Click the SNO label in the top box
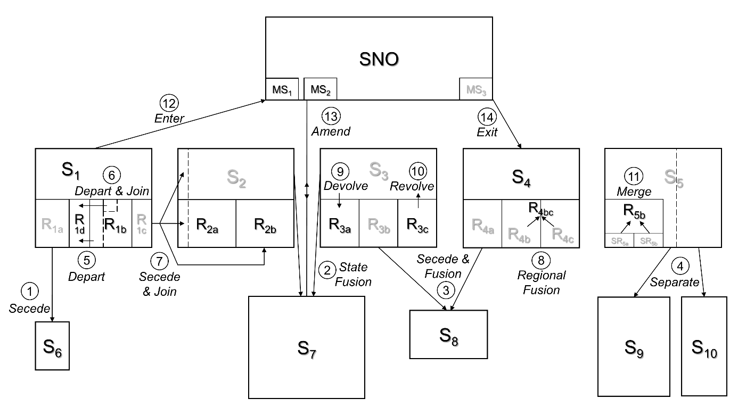[x=379, y=59]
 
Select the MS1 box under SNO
[x=282, y=89]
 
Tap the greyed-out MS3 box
[x=475, y=89]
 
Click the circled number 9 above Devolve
[x=339, y=171]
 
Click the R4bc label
[x=540, y=207]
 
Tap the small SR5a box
[x=619, y=240]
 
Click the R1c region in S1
[x=142, y=223]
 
